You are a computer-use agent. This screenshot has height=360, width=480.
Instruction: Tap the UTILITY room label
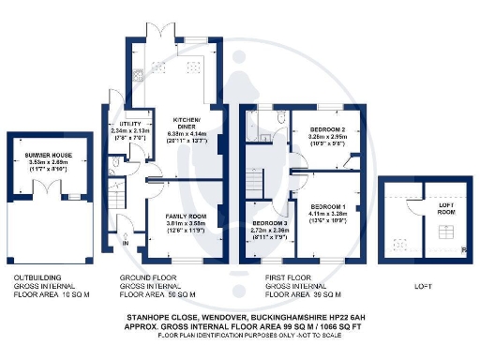[124, 123]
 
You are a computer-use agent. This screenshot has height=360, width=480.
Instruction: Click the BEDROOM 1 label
[329, 206]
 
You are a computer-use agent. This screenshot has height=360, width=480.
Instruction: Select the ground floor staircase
[114, 200]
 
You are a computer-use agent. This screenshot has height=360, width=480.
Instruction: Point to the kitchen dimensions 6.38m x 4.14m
[187, 133]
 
